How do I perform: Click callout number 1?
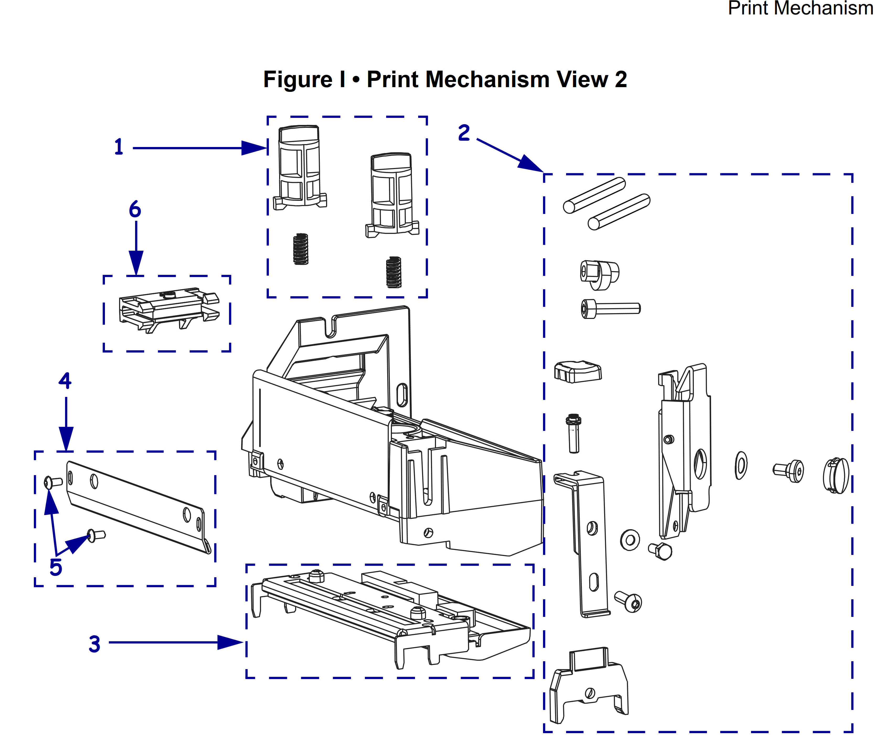[119, 147]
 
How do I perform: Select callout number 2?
[464, 133]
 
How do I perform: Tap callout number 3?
[94, 644]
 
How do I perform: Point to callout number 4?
[65, 380]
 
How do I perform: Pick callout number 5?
[56, 567]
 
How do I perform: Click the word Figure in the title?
[298, 80]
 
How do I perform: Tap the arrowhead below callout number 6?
[136, 263]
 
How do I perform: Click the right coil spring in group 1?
[394, 272]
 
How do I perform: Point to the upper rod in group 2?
[594, 195]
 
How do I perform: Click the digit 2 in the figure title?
[620, 80]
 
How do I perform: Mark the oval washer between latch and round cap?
[741, 465]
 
